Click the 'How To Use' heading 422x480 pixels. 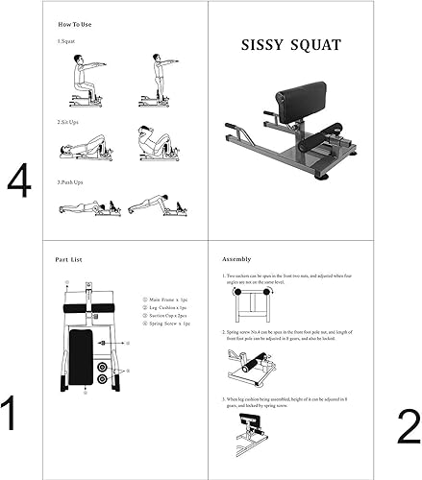[x=75, y=23]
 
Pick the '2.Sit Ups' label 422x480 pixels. [x=70, y=122]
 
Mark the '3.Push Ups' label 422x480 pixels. [x=72, y=180]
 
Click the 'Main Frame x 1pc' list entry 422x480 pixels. [x=165, y=300]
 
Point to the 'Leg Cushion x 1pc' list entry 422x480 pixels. [x=166, y=307]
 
